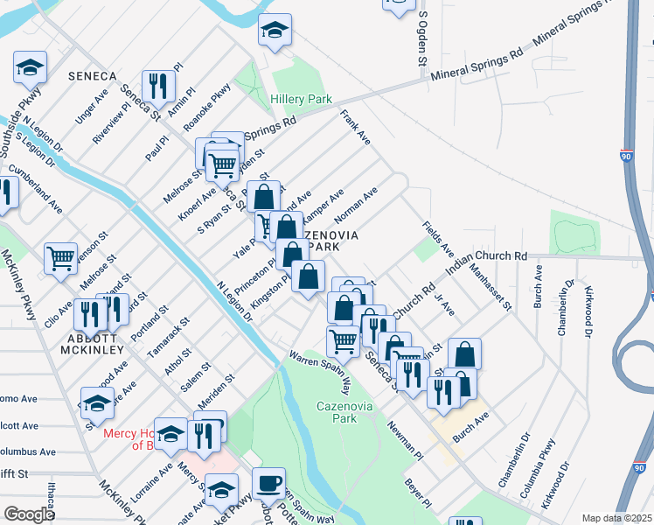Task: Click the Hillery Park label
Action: click(x=301, y=100)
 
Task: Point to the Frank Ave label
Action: click(x=357, y=127)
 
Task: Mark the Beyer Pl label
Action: click(x=417, y=492)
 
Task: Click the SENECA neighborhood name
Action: click(x=87, y=77)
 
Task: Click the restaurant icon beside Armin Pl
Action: click(x=158, y=86)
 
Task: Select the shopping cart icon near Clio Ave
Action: click(x=61, y=258)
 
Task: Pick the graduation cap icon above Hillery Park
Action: click(x=275, y=32)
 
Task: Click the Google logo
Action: click(x=29, y=514)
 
